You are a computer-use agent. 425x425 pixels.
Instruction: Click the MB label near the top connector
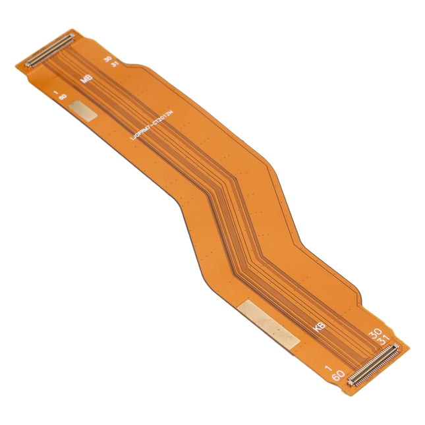click(x=85, y=79)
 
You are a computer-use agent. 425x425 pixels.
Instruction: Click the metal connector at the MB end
click(x=48, y=51)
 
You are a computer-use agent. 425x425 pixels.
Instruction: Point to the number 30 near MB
click(x=107, y=59)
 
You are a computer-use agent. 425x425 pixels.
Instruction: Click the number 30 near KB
click(x=374, y=334)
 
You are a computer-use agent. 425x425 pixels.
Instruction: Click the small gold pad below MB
click(x=84, y=111)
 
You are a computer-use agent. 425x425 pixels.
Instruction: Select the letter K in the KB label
click(x=314, y=324)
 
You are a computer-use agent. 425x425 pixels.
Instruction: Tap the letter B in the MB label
click(x=88, y=82)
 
